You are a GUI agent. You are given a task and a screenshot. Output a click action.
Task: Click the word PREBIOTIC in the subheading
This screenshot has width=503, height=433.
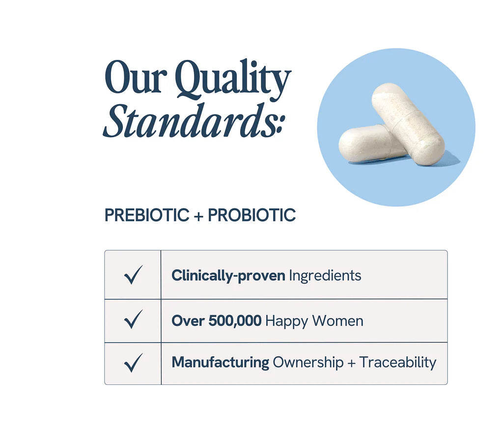(147, 215)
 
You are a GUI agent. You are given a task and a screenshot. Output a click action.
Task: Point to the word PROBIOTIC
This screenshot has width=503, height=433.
(251, 215)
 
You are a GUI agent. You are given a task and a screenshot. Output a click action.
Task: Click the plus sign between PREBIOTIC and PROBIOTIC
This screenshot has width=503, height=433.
(198, 216)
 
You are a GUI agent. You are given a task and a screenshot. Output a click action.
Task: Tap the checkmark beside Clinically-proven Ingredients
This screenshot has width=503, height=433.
(133, 275)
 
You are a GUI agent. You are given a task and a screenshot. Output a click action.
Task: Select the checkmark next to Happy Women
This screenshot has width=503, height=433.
(133, 321)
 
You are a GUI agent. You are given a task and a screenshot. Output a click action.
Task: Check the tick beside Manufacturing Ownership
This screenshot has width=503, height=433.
(133, 363)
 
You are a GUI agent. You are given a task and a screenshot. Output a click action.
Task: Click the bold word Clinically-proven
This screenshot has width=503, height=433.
(228, 276)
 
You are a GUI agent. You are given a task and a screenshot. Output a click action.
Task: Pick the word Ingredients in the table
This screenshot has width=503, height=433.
(325, 275)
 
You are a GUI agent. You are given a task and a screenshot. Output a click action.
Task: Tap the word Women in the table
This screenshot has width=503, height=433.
(338, 321)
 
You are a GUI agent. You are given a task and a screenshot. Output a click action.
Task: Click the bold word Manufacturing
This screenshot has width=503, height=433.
(220, 363)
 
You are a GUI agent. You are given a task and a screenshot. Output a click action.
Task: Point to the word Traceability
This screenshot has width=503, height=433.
(398, 363)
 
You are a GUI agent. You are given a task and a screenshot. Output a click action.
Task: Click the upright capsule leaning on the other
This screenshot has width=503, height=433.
(408, 123)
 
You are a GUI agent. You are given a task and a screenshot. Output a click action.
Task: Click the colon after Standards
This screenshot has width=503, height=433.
(280, 127)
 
